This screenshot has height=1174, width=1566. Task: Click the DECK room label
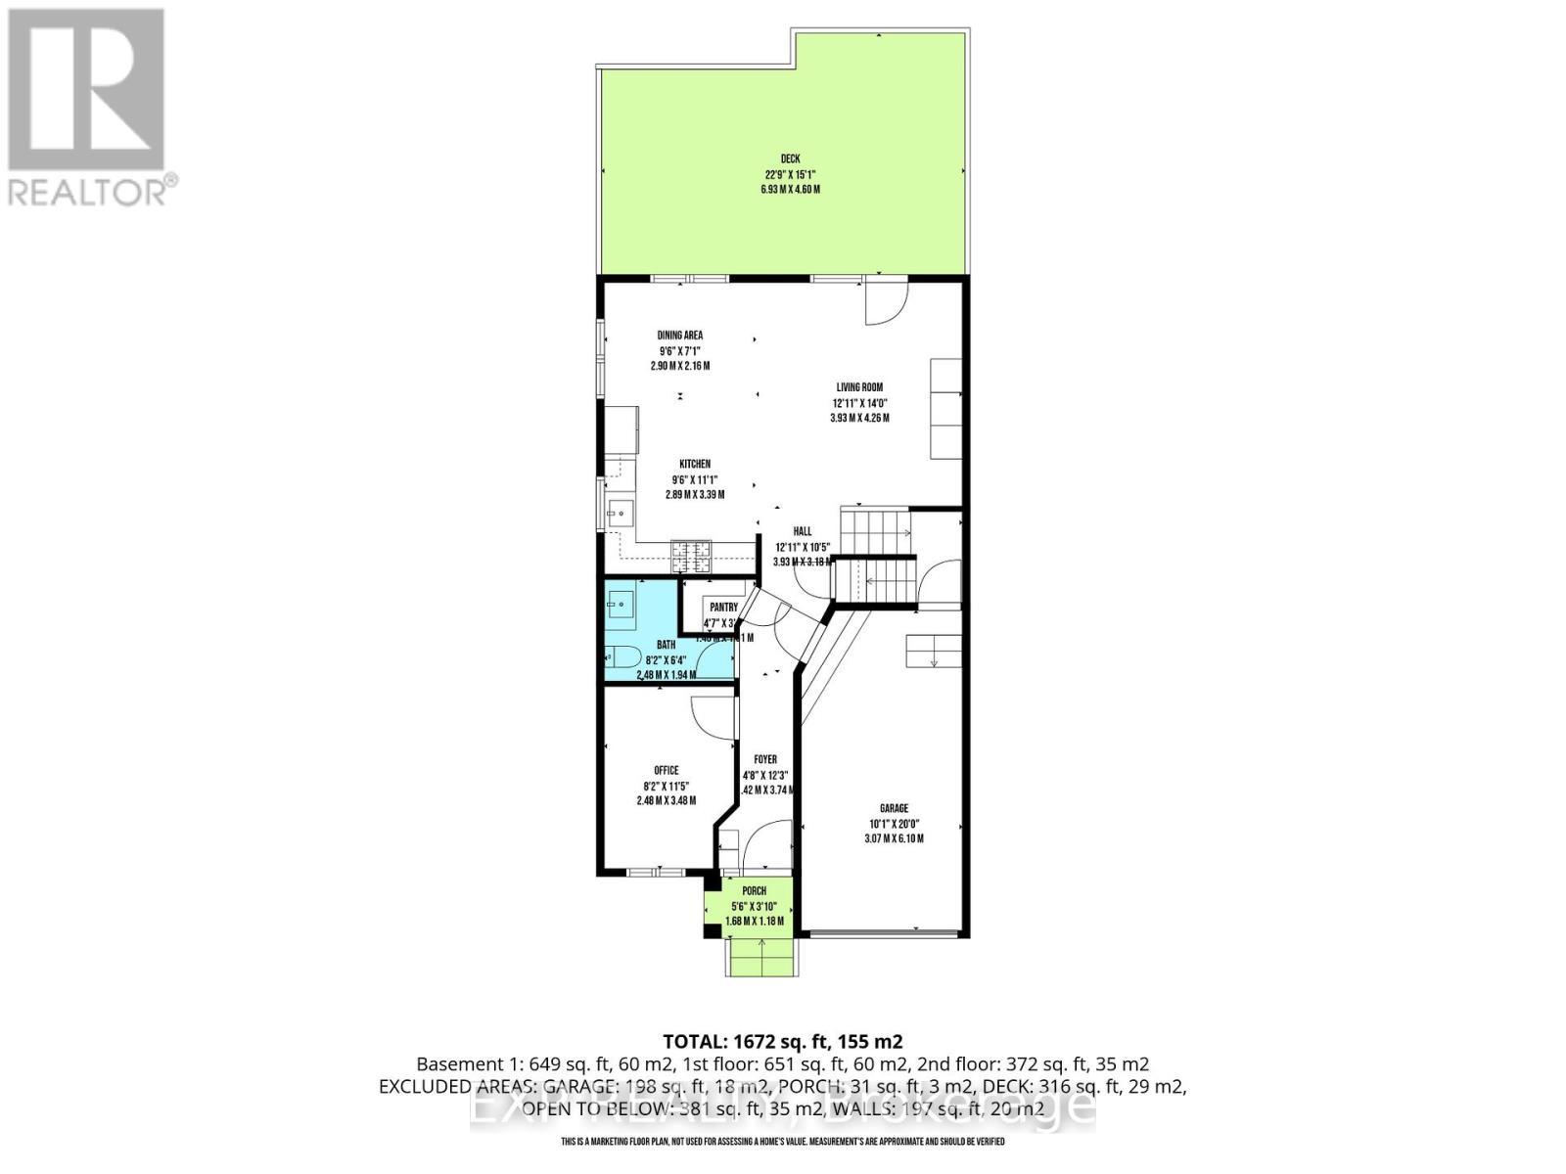coord(789,158)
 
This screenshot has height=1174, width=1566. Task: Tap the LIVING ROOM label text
coord(858,387)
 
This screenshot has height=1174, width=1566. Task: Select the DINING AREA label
coord(679,336)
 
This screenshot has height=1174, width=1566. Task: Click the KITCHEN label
coord(695,465)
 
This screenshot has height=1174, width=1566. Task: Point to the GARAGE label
coord(893,808)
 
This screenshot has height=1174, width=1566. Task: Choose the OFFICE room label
coord(666,771)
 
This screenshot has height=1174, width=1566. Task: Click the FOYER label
coord(764,760)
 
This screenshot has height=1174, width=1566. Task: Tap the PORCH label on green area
coord(754,891)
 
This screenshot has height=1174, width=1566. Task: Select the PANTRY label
coord(723,608)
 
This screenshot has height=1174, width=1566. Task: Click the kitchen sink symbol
coord(620,512)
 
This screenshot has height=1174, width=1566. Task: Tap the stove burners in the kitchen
coord(691,557)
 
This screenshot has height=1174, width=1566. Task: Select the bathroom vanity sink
coord(621,605)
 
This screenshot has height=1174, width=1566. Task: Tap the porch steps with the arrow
coord(761,956)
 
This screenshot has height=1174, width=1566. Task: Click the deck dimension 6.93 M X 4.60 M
coord(789,189)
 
